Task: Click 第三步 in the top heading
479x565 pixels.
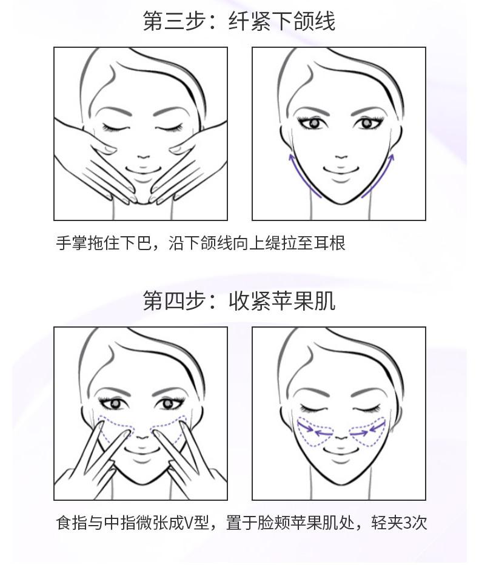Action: click(x=175, y=21)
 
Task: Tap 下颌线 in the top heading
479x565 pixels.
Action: click(x=304, y=21)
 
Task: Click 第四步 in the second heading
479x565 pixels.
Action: click(x=175, y=300)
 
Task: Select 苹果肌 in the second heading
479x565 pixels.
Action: click(x=304, y=300)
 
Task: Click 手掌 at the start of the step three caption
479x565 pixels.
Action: click(x=72, y=243)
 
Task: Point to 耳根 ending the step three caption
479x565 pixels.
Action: click(x=329, y=243)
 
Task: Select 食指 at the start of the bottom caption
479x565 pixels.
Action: click(x=72, y=523)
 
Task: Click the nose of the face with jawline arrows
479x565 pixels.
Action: click(x=341, y=157)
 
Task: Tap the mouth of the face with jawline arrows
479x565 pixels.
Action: click(x=341, y=170)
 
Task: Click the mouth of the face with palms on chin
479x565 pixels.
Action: click(x=143, y=169)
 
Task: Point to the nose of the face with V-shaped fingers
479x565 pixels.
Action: click(x=143, y=437)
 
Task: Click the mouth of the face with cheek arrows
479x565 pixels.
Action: click(x=341, y=450)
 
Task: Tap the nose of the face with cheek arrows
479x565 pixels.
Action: click(x=341, y=437)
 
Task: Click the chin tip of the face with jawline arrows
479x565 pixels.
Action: click(x=341, y=203)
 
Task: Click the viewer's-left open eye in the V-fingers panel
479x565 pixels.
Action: click(x=115, y=403)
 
